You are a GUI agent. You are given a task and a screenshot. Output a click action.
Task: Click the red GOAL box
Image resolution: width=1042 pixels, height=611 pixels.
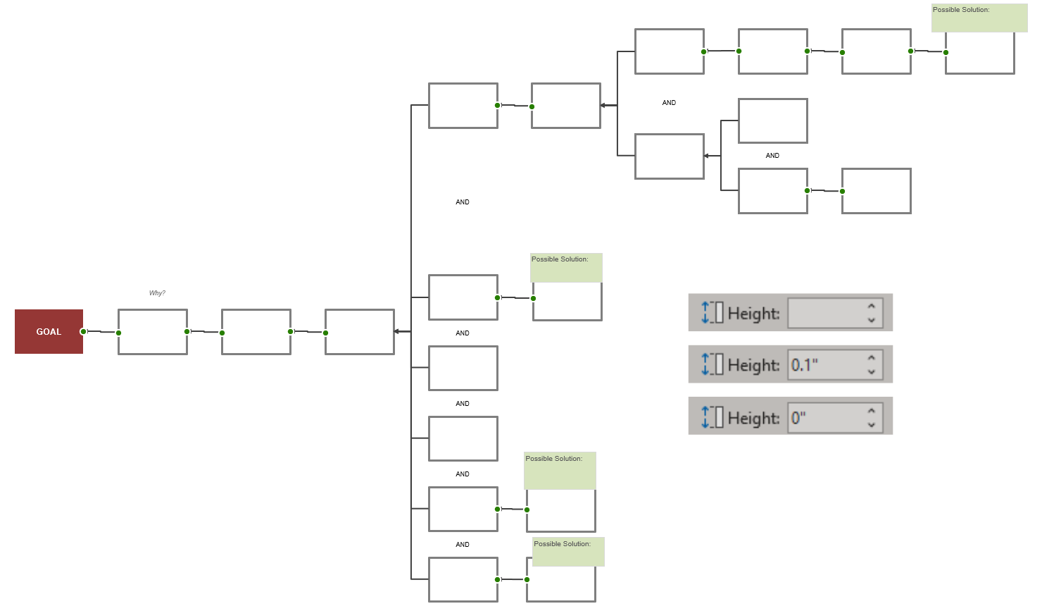click(49, 331)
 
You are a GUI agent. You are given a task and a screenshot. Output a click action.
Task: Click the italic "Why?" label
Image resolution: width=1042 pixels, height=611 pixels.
click(157, 293)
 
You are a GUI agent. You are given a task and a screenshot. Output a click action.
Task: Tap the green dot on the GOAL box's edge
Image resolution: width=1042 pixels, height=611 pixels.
click(83, 331)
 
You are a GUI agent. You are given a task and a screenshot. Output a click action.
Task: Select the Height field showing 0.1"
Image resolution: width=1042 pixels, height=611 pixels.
click(828, 364)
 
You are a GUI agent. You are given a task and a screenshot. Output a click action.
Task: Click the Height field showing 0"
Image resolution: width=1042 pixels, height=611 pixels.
click(828, 417)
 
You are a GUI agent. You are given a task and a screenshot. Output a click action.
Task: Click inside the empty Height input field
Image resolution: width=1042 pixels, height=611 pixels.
click(828, 313)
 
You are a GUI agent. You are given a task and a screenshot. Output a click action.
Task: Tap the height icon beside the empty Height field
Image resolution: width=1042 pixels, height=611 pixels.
click(712, 313)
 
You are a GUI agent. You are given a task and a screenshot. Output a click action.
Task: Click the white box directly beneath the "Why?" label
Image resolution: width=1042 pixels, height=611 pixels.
click(153, 332)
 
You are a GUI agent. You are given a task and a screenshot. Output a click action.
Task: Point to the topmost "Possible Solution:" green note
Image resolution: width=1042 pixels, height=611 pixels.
click(979, 18)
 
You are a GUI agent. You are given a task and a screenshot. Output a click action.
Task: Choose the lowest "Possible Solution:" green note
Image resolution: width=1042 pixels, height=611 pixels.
click(568, 552)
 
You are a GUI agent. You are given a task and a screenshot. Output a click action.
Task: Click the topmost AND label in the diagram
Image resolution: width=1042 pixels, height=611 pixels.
click(669, 103)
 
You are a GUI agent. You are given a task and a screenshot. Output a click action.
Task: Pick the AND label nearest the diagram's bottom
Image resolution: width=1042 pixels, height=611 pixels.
click(463, 545)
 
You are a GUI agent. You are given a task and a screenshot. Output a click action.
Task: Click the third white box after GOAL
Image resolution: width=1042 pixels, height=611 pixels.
click(359, 332)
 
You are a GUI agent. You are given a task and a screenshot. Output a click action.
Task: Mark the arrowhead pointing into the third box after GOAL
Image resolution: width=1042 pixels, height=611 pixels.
click(397, 331)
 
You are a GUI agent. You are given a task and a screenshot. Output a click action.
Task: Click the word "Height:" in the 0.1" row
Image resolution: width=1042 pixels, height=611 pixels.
click(753, 365)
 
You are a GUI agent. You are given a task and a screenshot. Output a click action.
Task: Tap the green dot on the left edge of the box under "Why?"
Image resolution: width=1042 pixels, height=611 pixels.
click(118, 333)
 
